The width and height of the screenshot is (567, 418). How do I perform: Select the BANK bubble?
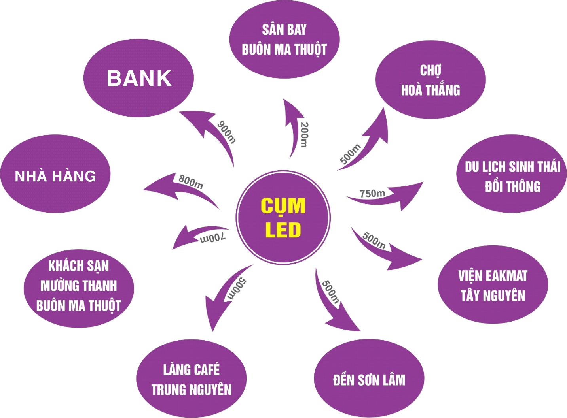pyautogui.click(x=138, y=78)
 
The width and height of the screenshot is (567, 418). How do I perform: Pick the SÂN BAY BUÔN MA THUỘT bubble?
pyautogui.click(x=284, y=40)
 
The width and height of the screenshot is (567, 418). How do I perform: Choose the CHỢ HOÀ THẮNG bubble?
pyautogui.click(x=430, y=80)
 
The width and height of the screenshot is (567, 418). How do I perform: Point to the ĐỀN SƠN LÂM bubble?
pyautogui.click(x=369, y=379)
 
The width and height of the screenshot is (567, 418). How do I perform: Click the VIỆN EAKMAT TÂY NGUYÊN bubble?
pyautogui.click(x=493, y=285)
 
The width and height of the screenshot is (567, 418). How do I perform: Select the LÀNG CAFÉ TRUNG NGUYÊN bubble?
pyautogui.click(x=192, y=379)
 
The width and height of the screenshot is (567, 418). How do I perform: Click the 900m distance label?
pyautogui.click(x=227, y=132)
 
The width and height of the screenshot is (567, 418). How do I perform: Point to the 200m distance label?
pyautogui.click(x=304, y=134)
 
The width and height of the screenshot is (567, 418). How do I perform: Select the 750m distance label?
pyautogui.click(x=372, y=193)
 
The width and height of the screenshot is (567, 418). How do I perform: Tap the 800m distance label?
pyautogui.click(x=191, y=181)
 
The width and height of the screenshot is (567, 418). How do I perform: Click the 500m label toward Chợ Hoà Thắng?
pyautogui.click(x=350, y=154)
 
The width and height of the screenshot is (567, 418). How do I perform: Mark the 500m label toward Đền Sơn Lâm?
pyautogui.click(x=330, y=292)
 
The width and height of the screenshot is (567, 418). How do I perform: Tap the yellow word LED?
pyautogui.click(x=283, y=230)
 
